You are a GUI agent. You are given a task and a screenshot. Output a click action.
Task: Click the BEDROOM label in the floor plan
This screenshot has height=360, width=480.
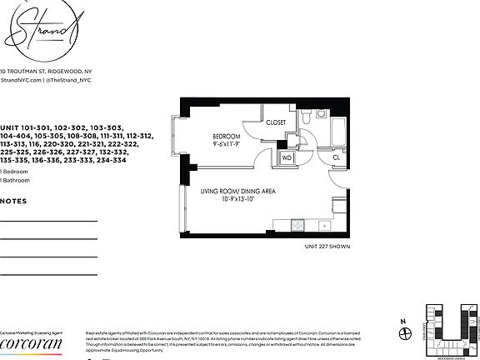click(x=225, y=136)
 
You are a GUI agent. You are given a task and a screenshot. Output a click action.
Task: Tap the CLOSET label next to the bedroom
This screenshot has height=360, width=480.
click(x=276, y=122)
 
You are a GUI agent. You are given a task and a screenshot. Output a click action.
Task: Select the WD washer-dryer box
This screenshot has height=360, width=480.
click(x=287, y=157)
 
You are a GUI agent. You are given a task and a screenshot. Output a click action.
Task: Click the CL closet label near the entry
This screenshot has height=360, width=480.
click(x=337, y=157)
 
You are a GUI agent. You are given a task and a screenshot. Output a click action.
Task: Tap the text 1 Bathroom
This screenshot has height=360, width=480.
click(x=14, y=180)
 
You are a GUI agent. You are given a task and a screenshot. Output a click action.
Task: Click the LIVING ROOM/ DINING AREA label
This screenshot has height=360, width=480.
click(x=237, y=191)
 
